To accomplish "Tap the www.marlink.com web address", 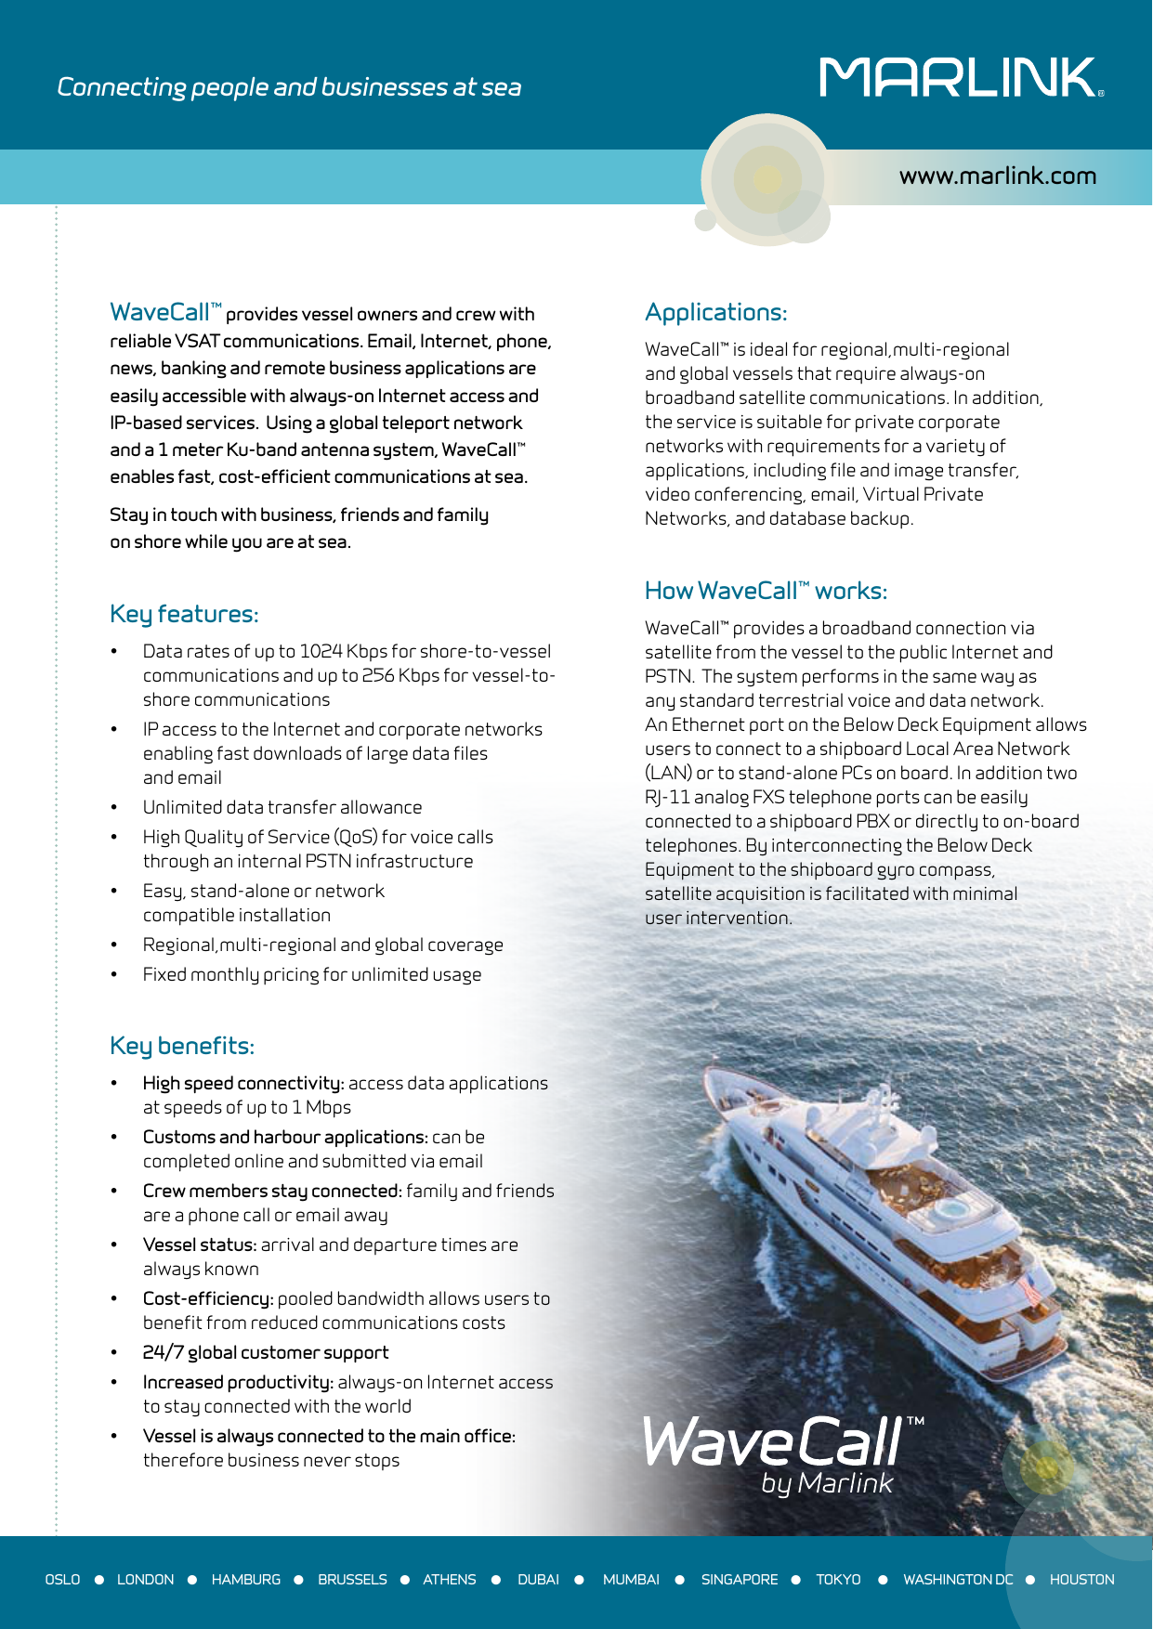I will click(997, 176).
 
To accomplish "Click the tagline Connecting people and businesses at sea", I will click(289, 87).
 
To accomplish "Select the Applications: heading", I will click(715, 312).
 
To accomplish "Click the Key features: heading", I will click(184, 614).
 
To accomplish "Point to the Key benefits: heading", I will click(182, 1046).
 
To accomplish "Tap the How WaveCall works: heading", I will click(766, 591).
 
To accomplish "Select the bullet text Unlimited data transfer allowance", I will click(282, 807).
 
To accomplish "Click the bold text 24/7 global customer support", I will click(266, 1352).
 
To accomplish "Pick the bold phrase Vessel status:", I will click(199, 1245).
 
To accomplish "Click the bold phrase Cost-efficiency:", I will click(208, 1298).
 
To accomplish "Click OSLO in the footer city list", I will click(62, 1580).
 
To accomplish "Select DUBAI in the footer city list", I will click(538, 1580).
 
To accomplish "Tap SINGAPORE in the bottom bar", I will click(740, 1580).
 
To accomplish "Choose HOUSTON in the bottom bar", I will click(1081, 1580).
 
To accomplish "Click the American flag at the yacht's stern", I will click(1029, 1290).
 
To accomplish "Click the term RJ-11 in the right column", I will click(667, 797).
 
